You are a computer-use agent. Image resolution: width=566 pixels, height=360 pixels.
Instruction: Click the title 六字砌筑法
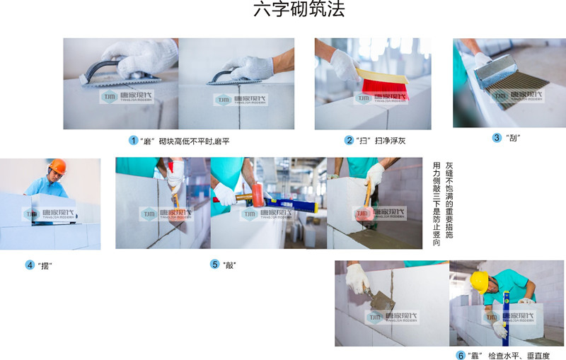click(299, 9)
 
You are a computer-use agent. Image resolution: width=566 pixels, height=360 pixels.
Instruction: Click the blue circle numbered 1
click(133, 140)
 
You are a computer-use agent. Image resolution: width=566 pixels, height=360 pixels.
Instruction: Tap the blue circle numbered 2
click(349, 140)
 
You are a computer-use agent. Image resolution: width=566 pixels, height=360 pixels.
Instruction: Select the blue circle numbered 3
click(497, 137)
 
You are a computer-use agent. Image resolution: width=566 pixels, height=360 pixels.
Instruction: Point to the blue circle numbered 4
click(30, 265)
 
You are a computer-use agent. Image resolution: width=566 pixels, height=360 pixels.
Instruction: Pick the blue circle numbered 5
click(215, 265)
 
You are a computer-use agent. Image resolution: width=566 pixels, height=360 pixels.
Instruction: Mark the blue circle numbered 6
click(461, 355)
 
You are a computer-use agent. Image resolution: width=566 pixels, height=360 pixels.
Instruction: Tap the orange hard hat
click(57, 166)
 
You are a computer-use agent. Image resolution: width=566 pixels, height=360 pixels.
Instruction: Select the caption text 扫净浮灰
click(391, 140)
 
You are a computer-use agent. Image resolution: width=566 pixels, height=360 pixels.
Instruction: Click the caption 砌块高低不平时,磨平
click(194, 141)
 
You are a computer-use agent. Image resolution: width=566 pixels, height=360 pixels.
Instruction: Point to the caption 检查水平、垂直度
click(519, 356)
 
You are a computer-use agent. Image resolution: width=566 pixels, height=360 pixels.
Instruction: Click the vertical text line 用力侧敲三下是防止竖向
click(437, 204)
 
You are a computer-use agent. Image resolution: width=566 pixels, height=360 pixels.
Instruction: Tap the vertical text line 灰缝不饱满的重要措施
click(449, 200)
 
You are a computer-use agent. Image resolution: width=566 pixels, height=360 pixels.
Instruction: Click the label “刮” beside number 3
click(513, 138)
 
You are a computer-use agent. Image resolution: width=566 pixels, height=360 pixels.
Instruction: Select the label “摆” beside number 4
click(45, 266)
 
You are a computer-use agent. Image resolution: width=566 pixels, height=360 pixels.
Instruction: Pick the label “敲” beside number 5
click(229, 265)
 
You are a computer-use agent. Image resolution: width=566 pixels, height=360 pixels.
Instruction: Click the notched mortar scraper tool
click(509, 81)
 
